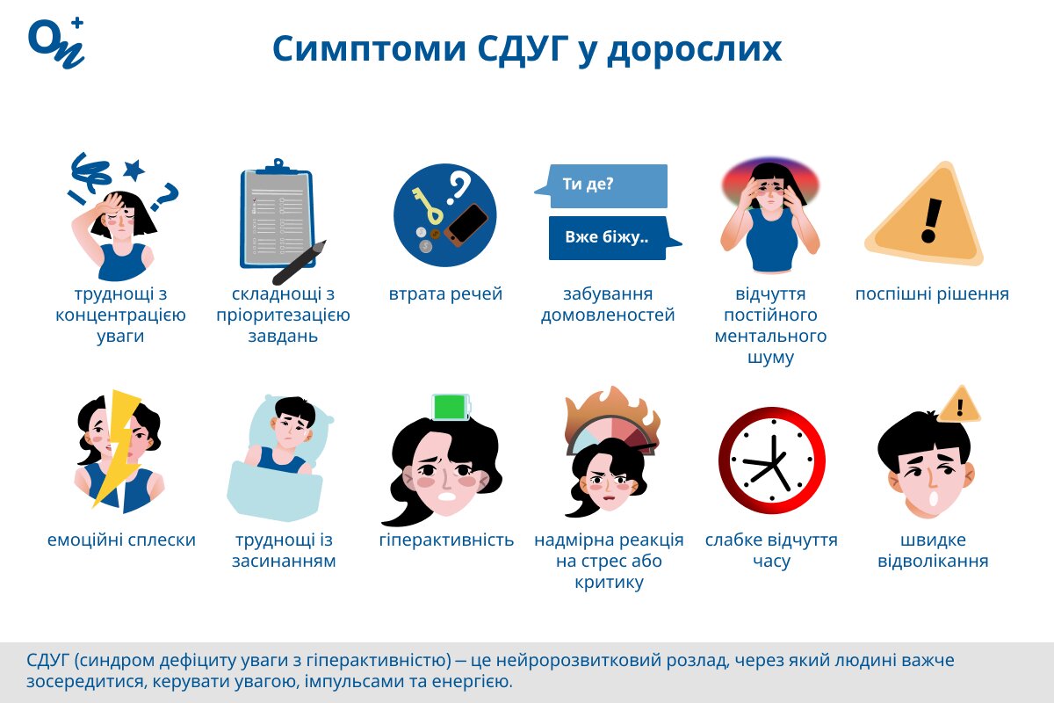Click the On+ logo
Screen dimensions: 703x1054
(56, 41)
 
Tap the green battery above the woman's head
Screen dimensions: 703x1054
(451, 407)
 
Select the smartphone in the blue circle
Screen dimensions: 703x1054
(466, 224)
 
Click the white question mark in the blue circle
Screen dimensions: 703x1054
(458, 185)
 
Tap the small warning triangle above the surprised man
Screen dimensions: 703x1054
(960, 405)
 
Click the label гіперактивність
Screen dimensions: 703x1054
(446, 540)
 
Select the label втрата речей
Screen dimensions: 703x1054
(445, 294)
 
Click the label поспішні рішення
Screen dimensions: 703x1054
(932, 294)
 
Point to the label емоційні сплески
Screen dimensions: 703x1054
(121, 540)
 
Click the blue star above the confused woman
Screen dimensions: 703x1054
(133, 169)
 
